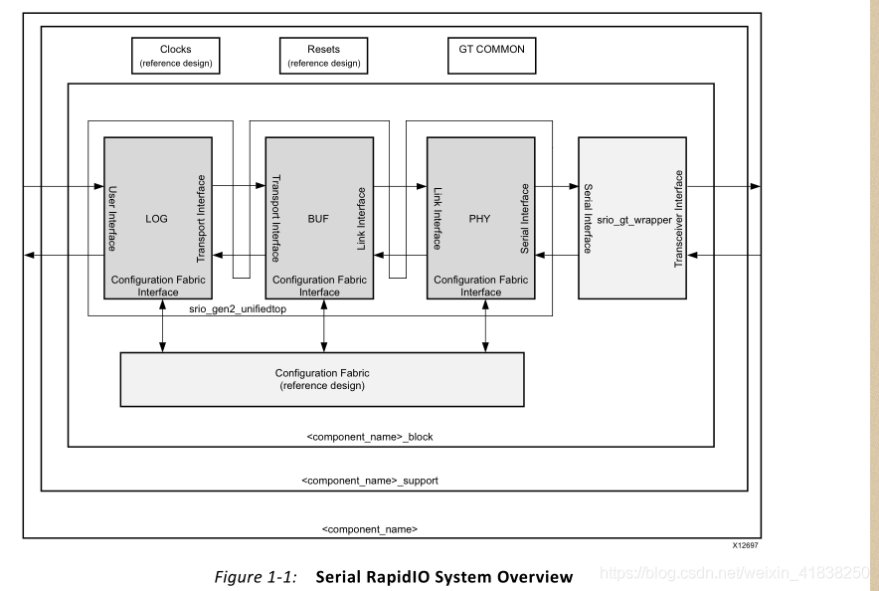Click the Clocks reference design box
[176, 56]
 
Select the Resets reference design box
[323, 56]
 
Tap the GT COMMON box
[491, 50]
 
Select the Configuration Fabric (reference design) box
[322, 379]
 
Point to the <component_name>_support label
[370, 481]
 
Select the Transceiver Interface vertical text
[680, 219]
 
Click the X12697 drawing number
[745, 545]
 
